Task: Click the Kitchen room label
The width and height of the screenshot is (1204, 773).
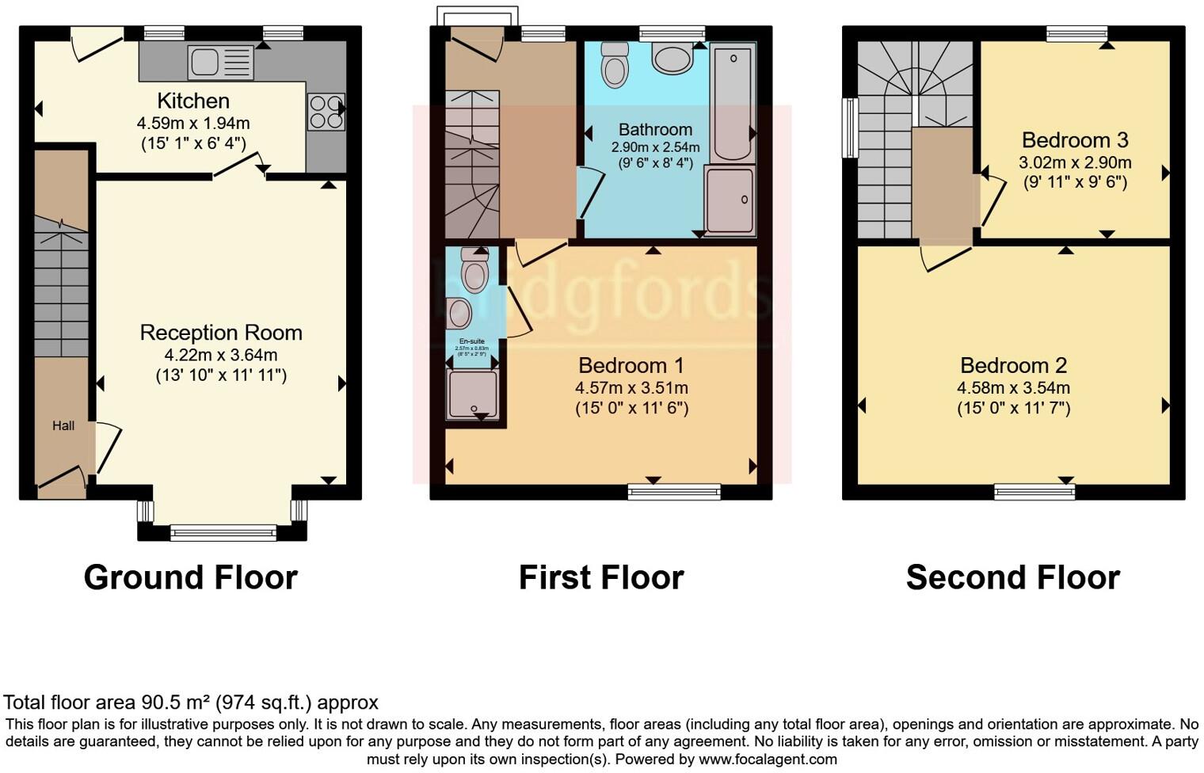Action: tap(193, 101)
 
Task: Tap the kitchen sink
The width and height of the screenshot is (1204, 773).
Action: tap(220, 62)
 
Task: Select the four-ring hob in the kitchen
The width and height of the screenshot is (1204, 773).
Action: tap(326, 112)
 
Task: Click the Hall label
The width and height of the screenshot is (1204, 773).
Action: tap(63, 426)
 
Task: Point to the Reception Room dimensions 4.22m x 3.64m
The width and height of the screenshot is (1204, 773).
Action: tap(221, 355)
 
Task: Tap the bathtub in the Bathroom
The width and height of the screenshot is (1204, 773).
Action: tap(733, 102)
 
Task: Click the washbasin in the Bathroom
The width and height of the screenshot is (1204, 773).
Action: tap(672, 58)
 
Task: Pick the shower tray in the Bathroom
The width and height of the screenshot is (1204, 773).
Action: tap(730, 200)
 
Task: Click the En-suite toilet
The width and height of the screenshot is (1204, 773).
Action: tap(474, 270)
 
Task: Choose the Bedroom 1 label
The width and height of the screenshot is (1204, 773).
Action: tap(631, 365)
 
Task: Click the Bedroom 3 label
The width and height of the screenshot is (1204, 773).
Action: tap(1075, 140)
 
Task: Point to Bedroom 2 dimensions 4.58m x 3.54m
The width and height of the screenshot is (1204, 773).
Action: tap(1013, 388)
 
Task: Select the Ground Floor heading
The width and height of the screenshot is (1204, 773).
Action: tap(191, 577)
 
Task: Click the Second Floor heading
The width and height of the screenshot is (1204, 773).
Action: tap(1012, 577)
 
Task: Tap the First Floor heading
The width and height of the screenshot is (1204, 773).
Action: tap(601, 577)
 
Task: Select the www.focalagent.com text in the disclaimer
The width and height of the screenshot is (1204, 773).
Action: tap(767, 760)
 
